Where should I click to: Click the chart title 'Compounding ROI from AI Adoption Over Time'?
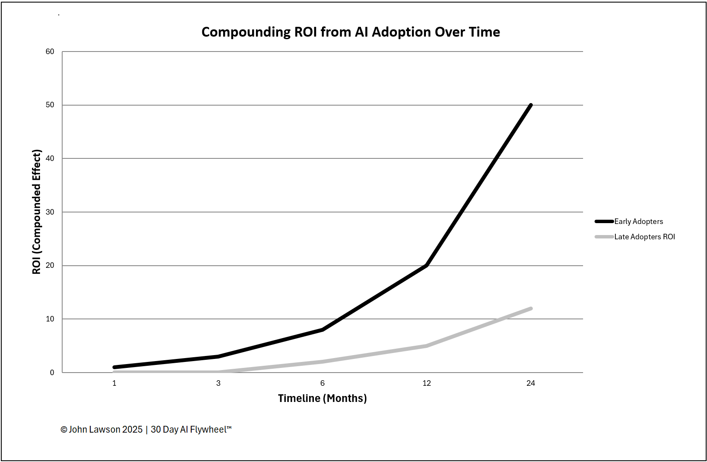point(351,32)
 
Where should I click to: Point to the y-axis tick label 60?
point(50,52)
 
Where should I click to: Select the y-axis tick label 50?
point(50,105)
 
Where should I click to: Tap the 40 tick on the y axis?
point(50,158)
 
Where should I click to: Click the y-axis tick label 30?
point(50,212)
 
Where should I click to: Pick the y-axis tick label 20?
point(50,265)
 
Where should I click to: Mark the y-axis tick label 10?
point(50,319)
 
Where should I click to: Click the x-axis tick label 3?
point(218,383)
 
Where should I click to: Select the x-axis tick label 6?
point(322,383)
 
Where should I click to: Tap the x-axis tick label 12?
point(426,383)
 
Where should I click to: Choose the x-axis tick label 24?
point(531,383)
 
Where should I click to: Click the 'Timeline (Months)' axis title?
point(322,399)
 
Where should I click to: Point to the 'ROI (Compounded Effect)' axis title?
point(37,212)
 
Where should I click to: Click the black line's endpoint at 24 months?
point(531,105)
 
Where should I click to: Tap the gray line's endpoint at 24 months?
point(531,308)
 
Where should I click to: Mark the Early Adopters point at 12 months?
point(426,265)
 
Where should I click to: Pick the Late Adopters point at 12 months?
point(426,346)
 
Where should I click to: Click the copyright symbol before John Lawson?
point(64,430)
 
